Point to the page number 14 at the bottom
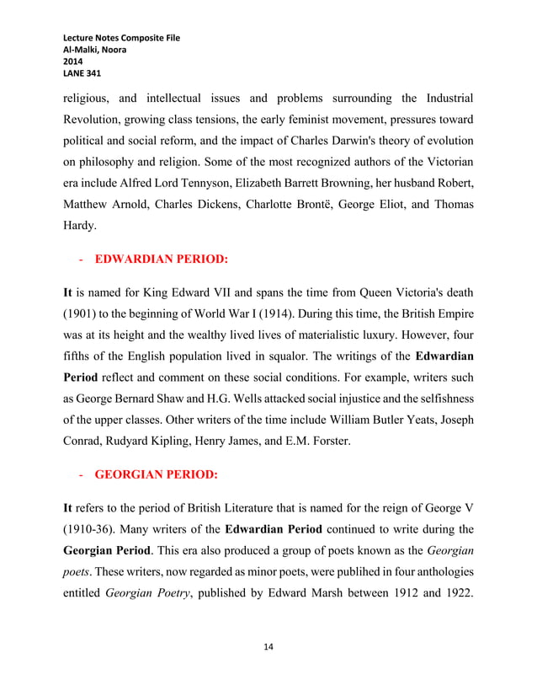pyautogui.click(x=268, y=646)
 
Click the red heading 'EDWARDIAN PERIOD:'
pyautogui.click(x=161, y=260)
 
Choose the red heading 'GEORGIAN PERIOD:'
pyautogui.click(x=156, y=474)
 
